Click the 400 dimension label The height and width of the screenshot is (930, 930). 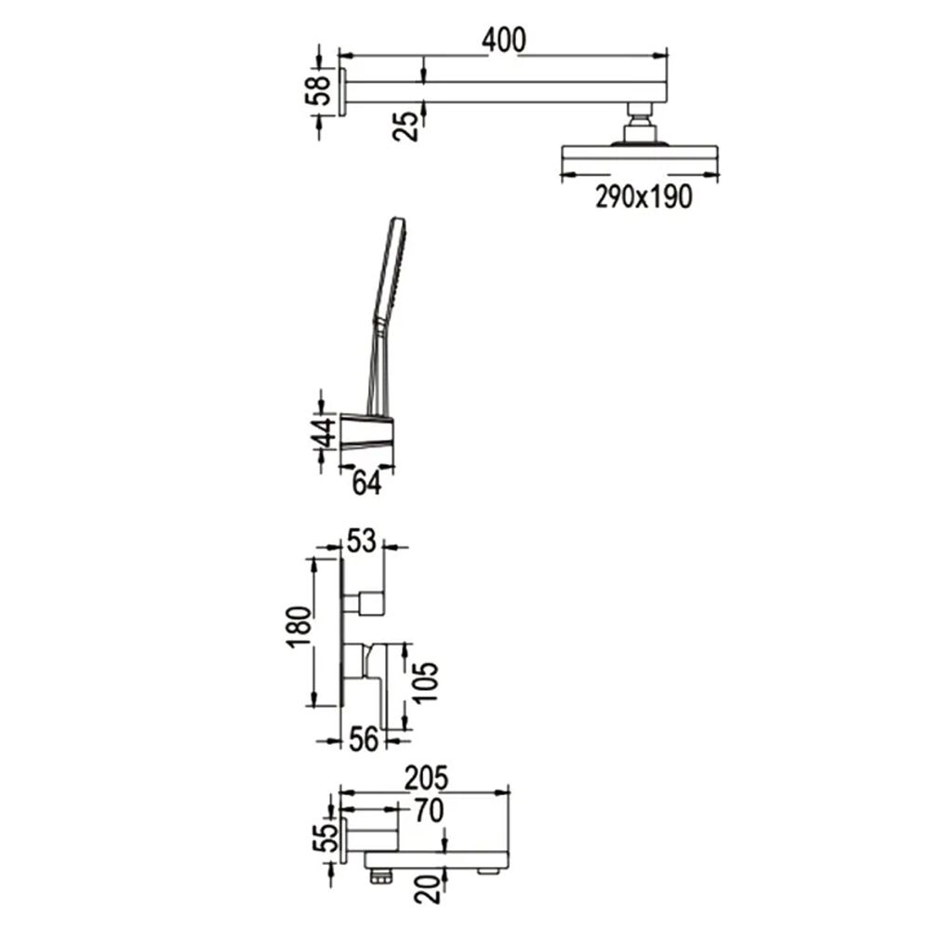click(x=503, y=40)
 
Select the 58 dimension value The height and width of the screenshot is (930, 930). click(x=318, y=90)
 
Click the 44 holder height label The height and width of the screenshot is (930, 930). click(x=324, y=432)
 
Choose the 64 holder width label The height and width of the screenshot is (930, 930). click(x=366, y=484)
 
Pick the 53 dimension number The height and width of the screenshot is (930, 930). click(x=361, y=541)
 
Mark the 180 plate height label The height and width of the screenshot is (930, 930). click(x=299, y=628)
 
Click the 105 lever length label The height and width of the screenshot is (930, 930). click(x=425, y=684)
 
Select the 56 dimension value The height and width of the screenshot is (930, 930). click(x=363, y=739)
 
